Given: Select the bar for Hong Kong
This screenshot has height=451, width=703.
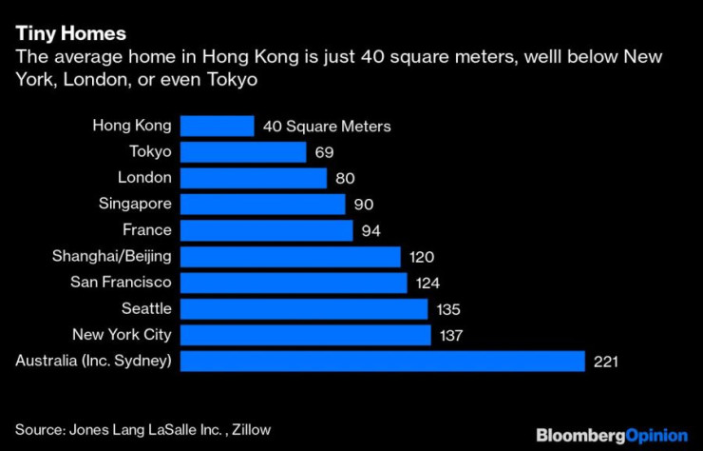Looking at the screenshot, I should [x=217, y=127].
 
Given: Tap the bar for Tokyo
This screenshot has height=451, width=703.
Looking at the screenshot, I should [x=243, y=152].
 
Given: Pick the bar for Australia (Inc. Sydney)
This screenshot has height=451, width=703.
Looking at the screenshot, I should [x=382, y=361].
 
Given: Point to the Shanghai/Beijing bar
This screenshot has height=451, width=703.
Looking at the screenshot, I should [x=290, y=256].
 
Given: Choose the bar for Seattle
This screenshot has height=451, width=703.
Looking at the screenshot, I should [x=304, y=308].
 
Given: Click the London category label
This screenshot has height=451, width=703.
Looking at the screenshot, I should [x=144, y=178].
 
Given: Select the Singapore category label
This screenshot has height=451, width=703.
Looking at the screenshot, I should [x=135, y=204].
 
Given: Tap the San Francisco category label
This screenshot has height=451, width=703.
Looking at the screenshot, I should [x=121, y=283].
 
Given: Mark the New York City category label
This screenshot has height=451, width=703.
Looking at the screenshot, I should [x=122, y=334].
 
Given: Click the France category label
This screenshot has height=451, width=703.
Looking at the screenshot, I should [x=147, y=230].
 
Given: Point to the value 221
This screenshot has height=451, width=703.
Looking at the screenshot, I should [x=605, y=362].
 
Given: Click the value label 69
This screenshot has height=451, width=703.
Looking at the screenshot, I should [x=325, y=152].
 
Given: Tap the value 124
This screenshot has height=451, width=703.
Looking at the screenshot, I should [x=427, y=283].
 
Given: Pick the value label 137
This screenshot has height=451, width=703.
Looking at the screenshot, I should [x=449, y=335].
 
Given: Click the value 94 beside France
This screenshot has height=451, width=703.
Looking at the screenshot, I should [x=371, y=230].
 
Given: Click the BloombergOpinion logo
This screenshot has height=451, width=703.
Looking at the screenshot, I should [x=611, y=434].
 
